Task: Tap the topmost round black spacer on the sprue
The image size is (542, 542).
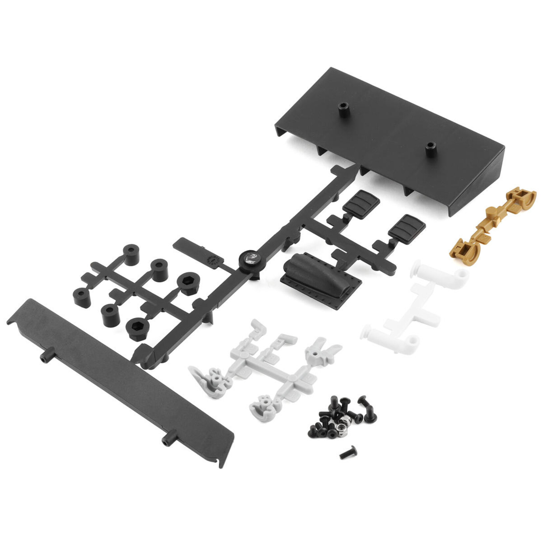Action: [x=131, y=255]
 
